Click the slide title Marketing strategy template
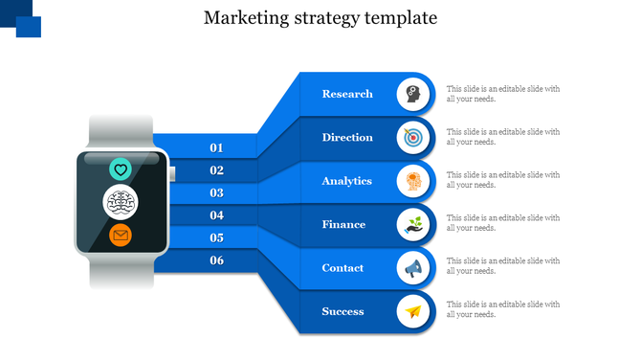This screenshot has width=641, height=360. point(320,18)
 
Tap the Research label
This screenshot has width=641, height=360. point(347,94)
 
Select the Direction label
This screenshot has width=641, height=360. point(347,137)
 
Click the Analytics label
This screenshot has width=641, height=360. point(347,181)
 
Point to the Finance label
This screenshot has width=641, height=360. point(343,224)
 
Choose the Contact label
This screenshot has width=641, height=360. point(343,268)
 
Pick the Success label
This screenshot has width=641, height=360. point(343,311)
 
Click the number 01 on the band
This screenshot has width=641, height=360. point(216,147)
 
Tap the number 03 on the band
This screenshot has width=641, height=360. point(216,192)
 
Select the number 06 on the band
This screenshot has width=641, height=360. point(216,260)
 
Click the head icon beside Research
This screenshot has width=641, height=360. point(412,94)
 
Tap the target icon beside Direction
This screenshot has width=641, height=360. point(412,137)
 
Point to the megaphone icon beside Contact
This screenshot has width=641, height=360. point(412,268)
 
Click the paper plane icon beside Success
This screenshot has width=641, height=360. point(412,311)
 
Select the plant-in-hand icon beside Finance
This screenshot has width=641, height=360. point(412,225)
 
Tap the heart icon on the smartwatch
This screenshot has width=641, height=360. point(121,169)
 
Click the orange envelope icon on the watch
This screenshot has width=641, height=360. point(121,235)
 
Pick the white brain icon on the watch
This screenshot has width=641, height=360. point(121,202)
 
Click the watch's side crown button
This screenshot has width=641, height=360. point(172,173)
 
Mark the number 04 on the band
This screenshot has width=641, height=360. point(216,215)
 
